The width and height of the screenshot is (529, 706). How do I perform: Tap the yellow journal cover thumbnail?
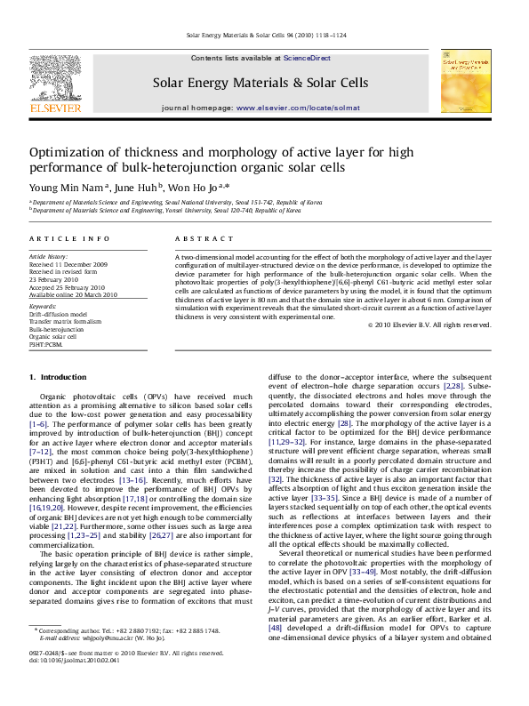(x=465, y=80)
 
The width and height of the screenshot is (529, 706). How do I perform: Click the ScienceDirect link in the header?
(x=307, y=58)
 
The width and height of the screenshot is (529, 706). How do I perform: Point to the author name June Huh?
(x=136, y=187)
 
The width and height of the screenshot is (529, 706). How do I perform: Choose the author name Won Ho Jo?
(x=197, y=187)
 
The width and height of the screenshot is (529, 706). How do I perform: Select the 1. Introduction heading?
(x=59, y=378)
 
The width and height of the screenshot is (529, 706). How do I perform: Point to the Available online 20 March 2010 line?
(x=80, y=294)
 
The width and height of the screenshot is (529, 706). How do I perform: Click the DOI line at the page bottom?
(x=70, y=686)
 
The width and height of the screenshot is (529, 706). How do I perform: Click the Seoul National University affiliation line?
(x=164, y=204)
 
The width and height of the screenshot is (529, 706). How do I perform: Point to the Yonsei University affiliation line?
(x=164, y=212)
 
